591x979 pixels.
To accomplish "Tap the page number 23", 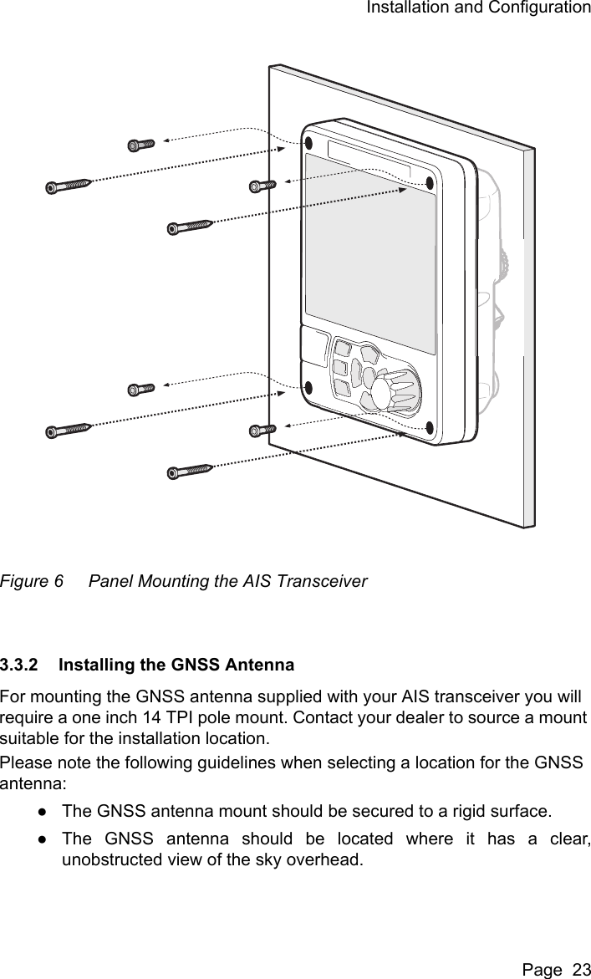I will click(x=576, y=968).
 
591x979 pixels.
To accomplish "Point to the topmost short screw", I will click(x=140, y=145).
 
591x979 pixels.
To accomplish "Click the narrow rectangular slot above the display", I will click(x=369, y=161).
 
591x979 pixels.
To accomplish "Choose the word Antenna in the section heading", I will click(x=262, y=665).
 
